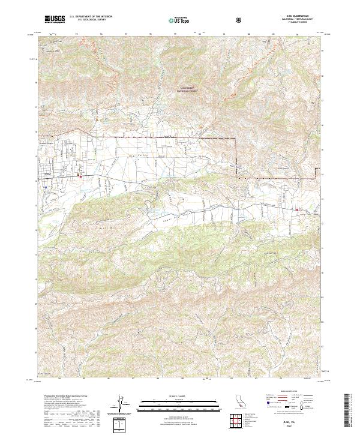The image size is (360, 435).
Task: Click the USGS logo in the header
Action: point(55,20)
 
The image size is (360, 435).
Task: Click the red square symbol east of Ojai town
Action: point(82,176)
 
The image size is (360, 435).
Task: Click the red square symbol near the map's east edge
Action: point(298,209)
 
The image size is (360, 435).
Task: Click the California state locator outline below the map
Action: point(239,404)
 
